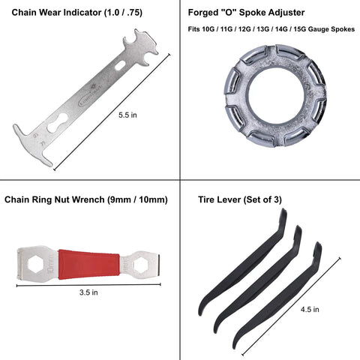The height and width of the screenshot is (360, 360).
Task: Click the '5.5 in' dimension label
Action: point(127,115)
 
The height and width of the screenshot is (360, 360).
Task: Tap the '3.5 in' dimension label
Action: point(88,292)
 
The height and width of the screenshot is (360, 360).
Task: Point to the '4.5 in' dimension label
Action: point(310,310)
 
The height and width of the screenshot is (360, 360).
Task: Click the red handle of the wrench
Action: point(88,264)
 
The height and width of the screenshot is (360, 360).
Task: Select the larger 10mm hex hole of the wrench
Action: point(37,265)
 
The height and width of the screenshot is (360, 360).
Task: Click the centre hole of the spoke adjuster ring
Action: point(275,95)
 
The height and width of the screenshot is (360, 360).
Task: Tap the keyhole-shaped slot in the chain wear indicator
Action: point(58,123)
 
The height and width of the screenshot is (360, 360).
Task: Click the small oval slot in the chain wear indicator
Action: point(120,65)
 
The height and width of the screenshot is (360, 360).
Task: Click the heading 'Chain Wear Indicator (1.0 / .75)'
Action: point(77,13)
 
